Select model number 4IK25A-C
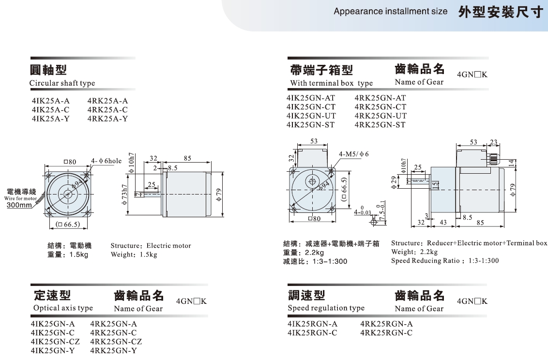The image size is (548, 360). [50, 110]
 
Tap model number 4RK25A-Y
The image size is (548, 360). [107, 119]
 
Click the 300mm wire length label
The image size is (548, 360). [19, 205]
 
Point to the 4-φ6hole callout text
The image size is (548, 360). [107, 161]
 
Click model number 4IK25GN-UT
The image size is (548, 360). [311, 116]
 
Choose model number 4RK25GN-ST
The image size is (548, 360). [381, 125]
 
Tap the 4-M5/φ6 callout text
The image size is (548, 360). [354, 154]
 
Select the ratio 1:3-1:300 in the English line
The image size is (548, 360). [484, 261]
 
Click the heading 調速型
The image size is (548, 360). [306, 295]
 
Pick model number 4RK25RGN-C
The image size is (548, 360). [387, 333]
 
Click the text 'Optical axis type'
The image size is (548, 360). [63, 308]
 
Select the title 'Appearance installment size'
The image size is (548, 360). [390, 11]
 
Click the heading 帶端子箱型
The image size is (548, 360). [321, 70]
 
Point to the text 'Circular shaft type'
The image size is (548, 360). [62, 83]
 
